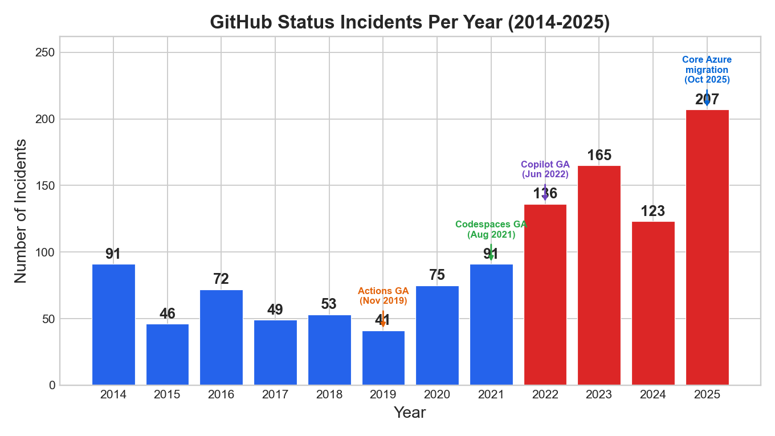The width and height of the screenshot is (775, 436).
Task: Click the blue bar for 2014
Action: tap(113, 324)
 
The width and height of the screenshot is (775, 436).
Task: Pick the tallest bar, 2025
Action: tap(707, 247)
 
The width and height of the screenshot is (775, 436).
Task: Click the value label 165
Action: tap(599, 156)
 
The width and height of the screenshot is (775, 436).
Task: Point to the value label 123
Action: tap(653, 211)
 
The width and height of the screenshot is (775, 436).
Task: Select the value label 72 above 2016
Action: tap(221, 279)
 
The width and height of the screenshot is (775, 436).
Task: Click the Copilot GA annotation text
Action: tap(545, 169)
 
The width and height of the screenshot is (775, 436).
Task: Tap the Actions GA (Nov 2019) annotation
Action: tap(383, 296)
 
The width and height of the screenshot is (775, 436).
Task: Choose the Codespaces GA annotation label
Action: tap(491, 229)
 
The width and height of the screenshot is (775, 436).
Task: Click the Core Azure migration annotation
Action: tap(707, 70)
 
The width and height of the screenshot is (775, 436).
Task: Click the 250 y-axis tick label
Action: tap(48, 52)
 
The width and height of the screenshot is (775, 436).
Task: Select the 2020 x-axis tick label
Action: tap(437, 394)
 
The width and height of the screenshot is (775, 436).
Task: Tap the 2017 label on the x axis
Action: tap(275, 394)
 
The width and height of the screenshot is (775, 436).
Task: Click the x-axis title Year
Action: tap(410, 413)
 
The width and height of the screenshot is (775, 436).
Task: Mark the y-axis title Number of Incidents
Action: tap(21, 211)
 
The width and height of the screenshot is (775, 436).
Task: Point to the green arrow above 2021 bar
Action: tap(491, 253)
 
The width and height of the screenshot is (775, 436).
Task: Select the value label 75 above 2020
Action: tap(437, 275)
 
